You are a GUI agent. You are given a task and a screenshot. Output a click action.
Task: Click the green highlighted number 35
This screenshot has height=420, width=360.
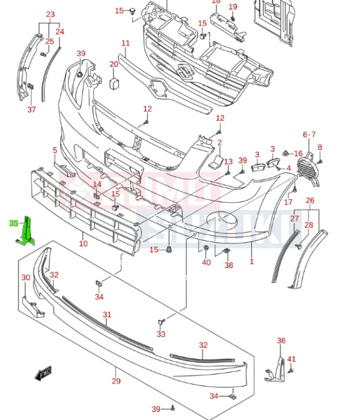point(14,223)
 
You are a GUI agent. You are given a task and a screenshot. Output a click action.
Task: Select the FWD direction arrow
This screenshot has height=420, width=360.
point(44,373)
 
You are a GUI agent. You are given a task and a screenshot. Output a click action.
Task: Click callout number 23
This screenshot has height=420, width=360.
point(50,14)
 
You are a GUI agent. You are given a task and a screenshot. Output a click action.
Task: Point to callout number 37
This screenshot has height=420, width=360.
point(31,109)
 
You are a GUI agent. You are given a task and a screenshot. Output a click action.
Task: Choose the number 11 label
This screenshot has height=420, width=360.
point(125,44)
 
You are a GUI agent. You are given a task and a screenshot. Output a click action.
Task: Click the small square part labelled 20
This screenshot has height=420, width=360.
point(114,82)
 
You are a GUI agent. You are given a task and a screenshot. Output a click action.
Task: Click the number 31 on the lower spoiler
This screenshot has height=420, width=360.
point(106,315)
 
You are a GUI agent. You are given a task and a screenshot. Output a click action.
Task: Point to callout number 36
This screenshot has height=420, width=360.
point(281,341)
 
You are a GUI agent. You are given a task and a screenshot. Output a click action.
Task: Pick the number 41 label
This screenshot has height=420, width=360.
point(292,359)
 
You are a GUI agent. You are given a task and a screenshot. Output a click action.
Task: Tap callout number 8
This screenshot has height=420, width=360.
point(320,147)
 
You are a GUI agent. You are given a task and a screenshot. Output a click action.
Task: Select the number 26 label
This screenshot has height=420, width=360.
point(310,201)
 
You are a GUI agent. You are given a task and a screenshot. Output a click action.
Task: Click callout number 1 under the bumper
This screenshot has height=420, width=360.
point(251,261)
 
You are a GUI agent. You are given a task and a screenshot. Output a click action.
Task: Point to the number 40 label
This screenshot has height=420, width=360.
point(206,262)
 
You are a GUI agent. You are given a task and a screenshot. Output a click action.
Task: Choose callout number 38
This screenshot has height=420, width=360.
point(228,265)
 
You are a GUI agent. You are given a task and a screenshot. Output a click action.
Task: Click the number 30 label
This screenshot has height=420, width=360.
point(26,278)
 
